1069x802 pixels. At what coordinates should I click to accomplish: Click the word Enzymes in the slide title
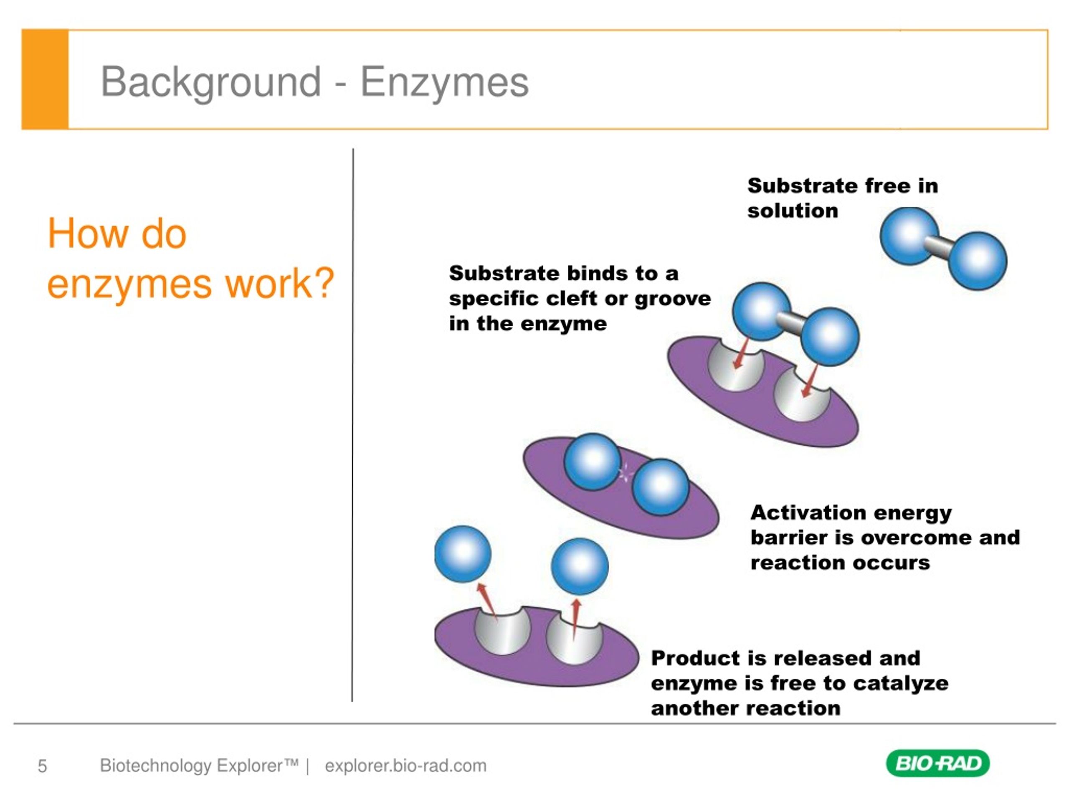pos(444,82)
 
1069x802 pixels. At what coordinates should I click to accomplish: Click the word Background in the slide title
pos(211,82)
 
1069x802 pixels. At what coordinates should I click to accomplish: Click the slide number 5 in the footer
pos(43,766)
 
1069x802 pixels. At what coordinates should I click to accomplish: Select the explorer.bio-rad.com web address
pos(405,766)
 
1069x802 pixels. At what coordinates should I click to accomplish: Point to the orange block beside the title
pos(45,80)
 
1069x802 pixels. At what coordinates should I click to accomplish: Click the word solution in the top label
pos(793,211)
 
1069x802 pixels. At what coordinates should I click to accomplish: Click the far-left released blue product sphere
pos(463,553)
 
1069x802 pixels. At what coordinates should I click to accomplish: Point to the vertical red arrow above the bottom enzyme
pos(575,620)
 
